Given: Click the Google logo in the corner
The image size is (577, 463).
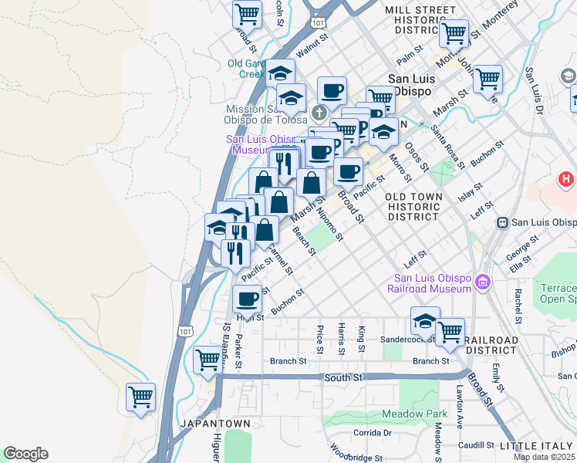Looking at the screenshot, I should (x=25, y=454).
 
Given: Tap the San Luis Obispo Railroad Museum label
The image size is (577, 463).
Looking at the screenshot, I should (x=432, y=283).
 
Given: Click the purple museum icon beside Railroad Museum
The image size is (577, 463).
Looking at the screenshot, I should (x=484, y=283).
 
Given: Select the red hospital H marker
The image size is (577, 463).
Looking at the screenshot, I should (x=567, y=180).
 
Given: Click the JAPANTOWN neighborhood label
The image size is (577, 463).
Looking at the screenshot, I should (x=215, y=424).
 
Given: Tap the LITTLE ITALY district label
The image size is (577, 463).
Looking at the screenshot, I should (x=537, y=447).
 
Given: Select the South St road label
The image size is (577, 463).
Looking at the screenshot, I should (x=338, y=377).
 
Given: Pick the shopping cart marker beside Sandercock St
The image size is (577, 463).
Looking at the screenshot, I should (x=450, y=332).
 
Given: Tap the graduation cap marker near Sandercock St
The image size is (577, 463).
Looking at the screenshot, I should (x=425, y=320).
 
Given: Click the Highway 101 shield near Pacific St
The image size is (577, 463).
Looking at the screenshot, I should (x=186, y=331).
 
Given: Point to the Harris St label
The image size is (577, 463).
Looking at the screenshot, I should (x=340, y=340).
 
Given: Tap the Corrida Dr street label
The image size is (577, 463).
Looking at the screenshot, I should (x=372, y=433).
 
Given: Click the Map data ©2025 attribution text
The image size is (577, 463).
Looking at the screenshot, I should (x=544, y=457).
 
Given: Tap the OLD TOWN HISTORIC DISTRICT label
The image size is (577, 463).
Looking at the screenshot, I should (x=415, y=207).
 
